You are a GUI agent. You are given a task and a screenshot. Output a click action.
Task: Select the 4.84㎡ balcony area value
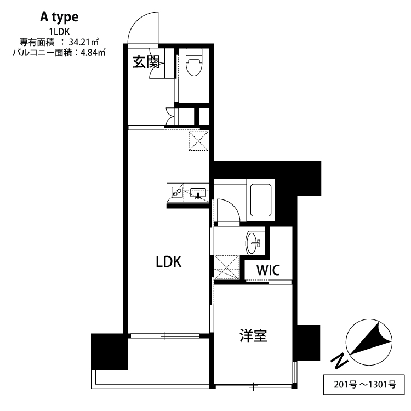pos(92,52)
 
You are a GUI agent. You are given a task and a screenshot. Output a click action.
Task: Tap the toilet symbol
pos(192,65)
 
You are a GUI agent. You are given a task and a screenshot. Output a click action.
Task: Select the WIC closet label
pos(269,270)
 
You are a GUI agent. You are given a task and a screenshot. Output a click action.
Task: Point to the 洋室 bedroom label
pos(253,335)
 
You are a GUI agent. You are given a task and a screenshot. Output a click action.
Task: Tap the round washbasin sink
pos(254,242)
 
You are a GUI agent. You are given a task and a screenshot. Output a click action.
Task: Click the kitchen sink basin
pos(197,193)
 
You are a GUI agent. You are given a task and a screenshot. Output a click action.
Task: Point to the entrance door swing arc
pos(141,27)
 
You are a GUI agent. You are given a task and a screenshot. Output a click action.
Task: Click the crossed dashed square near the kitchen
pos(198,140)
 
